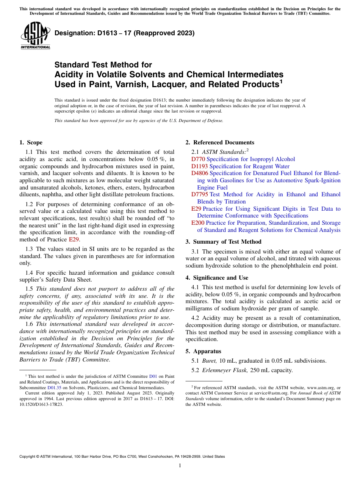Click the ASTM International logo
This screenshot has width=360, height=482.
[36, 36]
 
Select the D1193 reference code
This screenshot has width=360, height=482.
[200, 166]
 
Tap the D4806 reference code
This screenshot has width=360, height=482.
[200, 174]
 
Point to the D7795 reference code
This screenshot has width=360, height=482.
[200, 195]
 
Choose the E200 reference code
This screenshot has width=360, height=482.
[198, 223]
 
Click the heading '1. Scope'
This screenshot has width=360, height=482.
[31, 143]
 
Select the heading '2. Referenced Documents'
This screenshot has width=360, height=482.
[220, 143]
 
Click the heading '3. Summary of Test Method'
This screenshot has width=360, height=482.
[223, 242]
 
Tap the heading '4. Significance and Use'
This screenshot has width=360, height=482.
[217, 278]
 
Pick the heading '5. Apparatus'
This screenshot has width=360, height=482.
[203, 351]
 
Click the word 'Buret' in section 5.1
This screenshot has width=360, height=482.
[210, 361]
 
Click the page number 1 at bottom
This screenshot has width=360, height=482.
[180, 466]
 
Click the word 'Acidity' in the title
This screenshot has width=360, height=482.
[69, 74]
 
